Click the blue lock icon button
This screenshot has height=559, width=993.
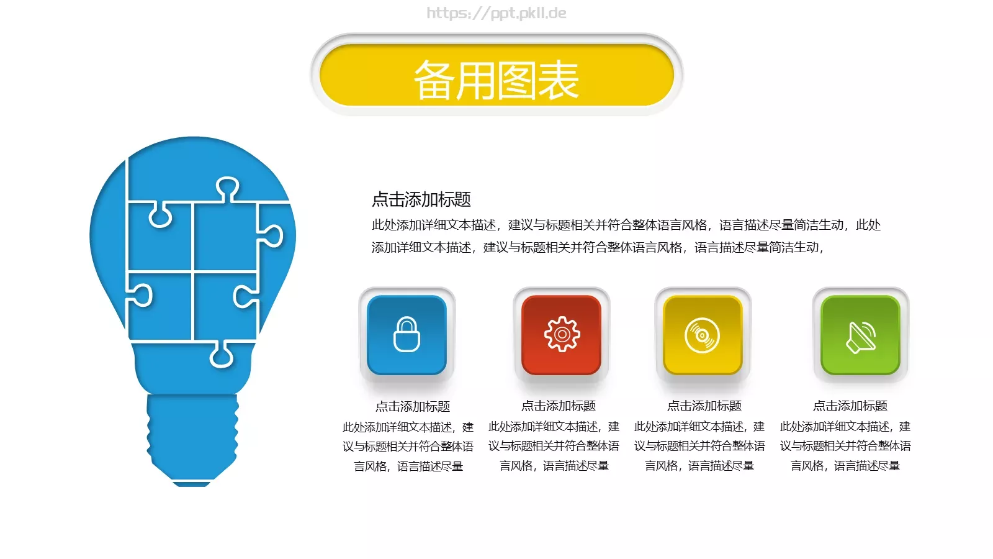(x=407, y=335)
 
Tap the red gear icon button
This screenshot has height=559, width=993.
(x=562, y=335)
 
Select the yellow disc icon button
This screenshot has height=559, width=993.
(x=703, y=335)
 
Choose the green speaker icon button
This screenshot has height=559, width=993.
(x=860, y=335)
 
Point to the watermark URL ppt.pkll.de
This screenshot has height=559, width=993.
(x=496, y=13)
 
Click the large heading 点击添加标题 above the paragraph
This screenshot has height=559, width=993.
(x=421, y=199)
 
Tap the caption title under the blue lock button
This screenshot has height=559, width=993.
(x=413, y=406)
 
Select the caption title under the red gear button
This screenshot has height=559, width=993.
(x=559, y=406)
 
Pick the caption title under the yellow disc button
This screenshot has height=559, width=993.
(x=704, y=406)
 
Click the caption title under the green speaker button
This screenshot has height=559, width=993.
(x=850, y=406)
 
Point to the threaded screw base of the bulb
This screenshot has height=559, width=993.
(x=192, y=435)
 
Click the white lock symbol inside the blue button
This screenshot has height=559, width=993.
(x=407, y=335)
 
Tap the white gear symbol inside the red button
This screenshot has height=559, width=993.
(x=562, y=335)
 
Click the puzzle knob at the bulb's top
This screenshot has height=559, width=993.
(x=227, y=188)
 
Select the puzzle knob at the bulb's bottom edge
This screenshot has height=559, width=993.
(x=222, y=355)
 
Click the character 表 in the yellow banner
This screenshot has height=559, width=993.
(x=558, y=80)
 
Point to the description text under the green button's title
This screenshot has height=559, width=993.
(x=845, y=446)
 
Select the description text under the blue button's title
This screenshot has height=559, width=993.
(x=408, y=446)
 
